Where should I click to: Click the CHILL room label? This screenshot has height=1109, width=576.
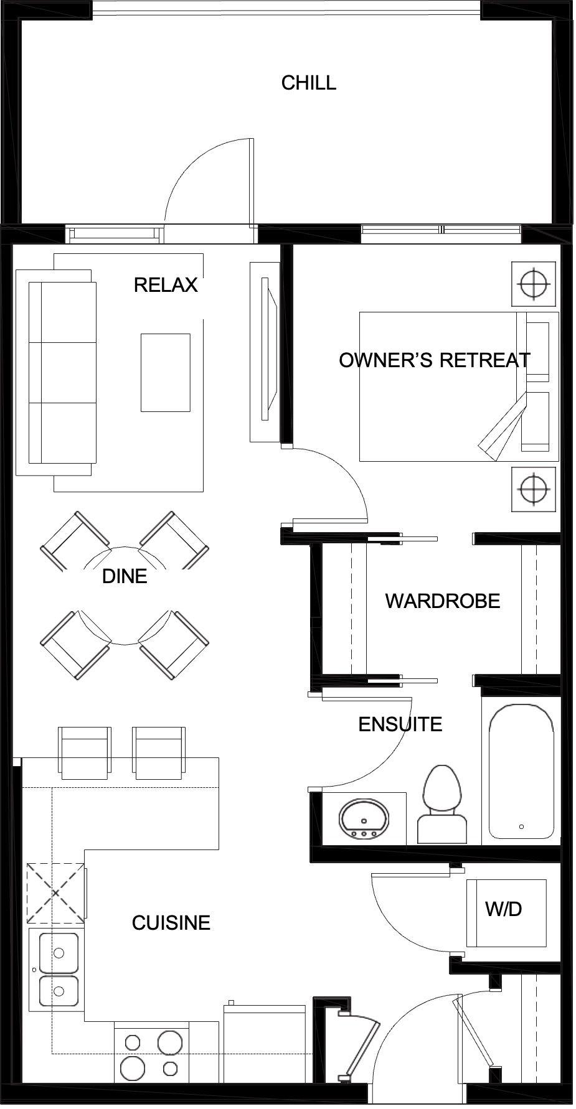[x=308, y=83]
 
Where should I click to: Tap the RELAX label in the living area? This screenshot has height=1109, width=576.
[x=165, y=285]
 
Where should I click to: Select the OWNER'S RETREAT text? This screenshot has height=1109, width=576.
[x=434, y=360]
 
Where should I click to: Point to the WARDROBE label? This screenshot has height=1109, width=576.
[x=443, y=601]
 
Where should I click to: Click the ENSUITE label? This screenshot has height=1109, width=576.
[x=400, y=724]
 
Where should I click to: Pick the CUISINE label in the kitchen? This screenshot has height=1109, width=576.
[x=171, y=922]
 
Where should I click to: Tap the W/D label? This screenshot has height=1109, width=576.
[x=503, y=909]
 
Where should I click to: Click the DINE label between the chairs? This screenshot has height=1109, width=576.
[x=125, y=576]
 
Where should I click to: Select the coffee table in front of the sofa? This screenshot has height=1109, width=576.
[x=165, y=372]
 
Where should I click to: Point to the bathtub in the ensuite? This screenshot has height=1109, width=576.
[x=521, y=771]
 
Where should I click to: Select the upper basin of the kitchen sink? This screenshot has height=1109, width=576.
[x=59, y=952]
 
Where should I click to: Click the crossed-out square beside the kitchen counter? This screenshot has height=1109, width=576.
[x=55, y=894]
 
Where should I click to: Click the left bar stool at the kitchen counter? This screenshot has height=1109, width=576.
[x=85, y=752]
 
